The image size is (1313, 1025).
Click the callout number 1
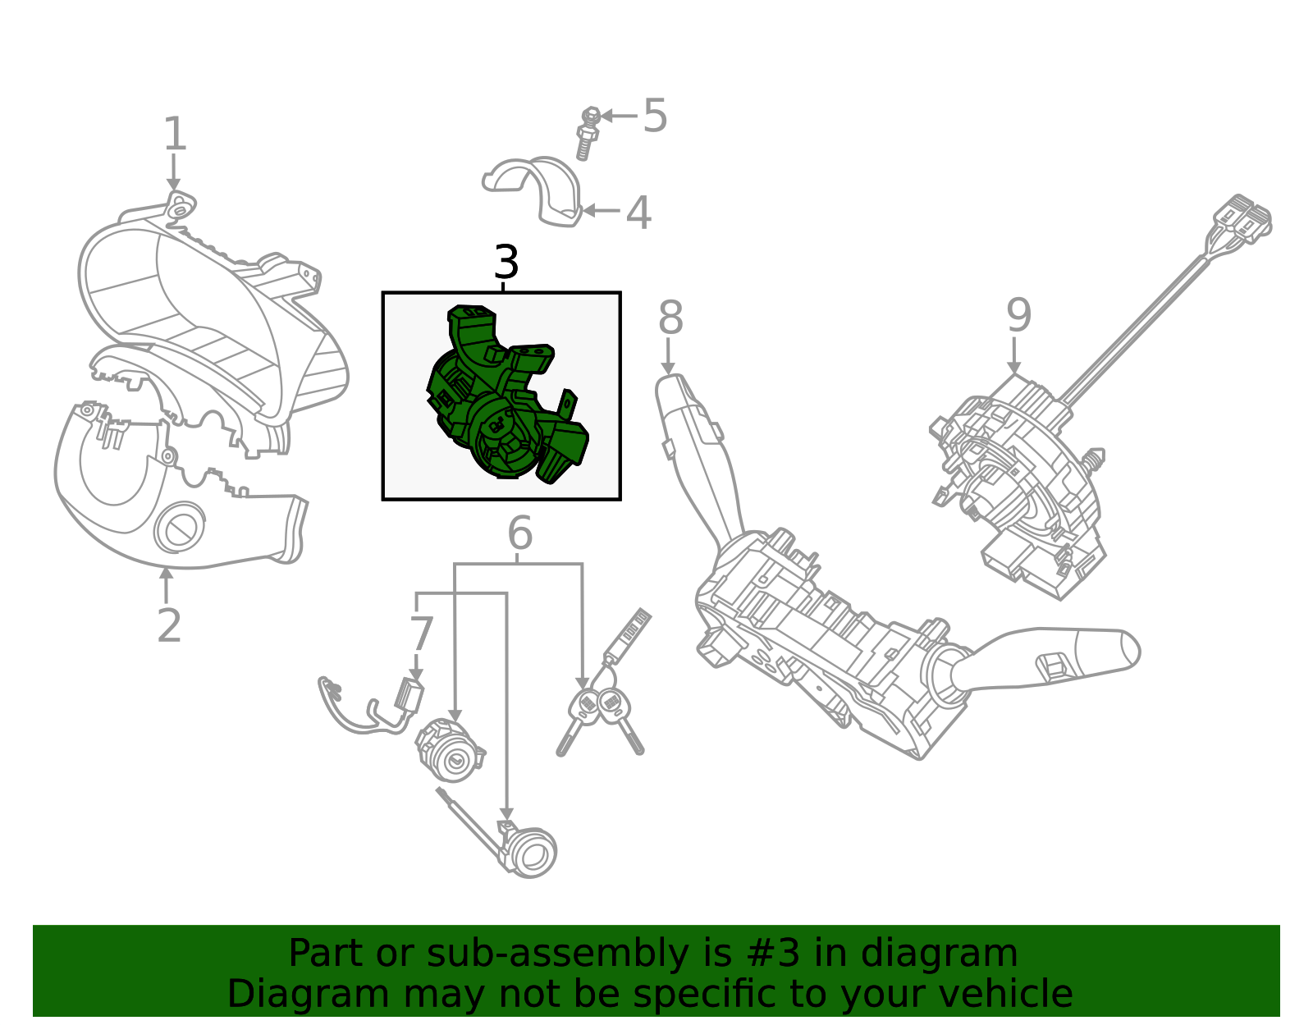click(x=175, y=134)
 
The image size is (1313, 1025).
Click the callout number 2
click(x=168, y=626)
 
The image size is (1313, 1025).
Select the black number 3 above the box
click(x=506, y=263)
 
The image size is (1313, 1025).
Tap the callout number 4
click(x=638, y=213)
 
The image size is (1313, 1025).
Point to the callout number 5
click(x=655, y=116)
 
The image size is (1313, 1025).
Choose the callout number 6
click(x=520, y=533)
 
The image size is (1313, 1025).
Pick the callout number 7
click(x=421, y=634)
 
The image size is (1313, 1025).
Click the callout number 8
click(x=670, y=318)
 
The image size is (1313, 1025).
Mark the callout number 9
click(x=1018, y=315)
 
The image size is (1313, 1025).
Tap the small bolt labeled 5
click(x=587, y=133)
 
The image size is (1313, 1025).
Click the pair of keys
click(x=601, y=714)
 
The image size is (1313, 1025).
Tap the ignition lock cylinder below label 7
click(x=450, y=751)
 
